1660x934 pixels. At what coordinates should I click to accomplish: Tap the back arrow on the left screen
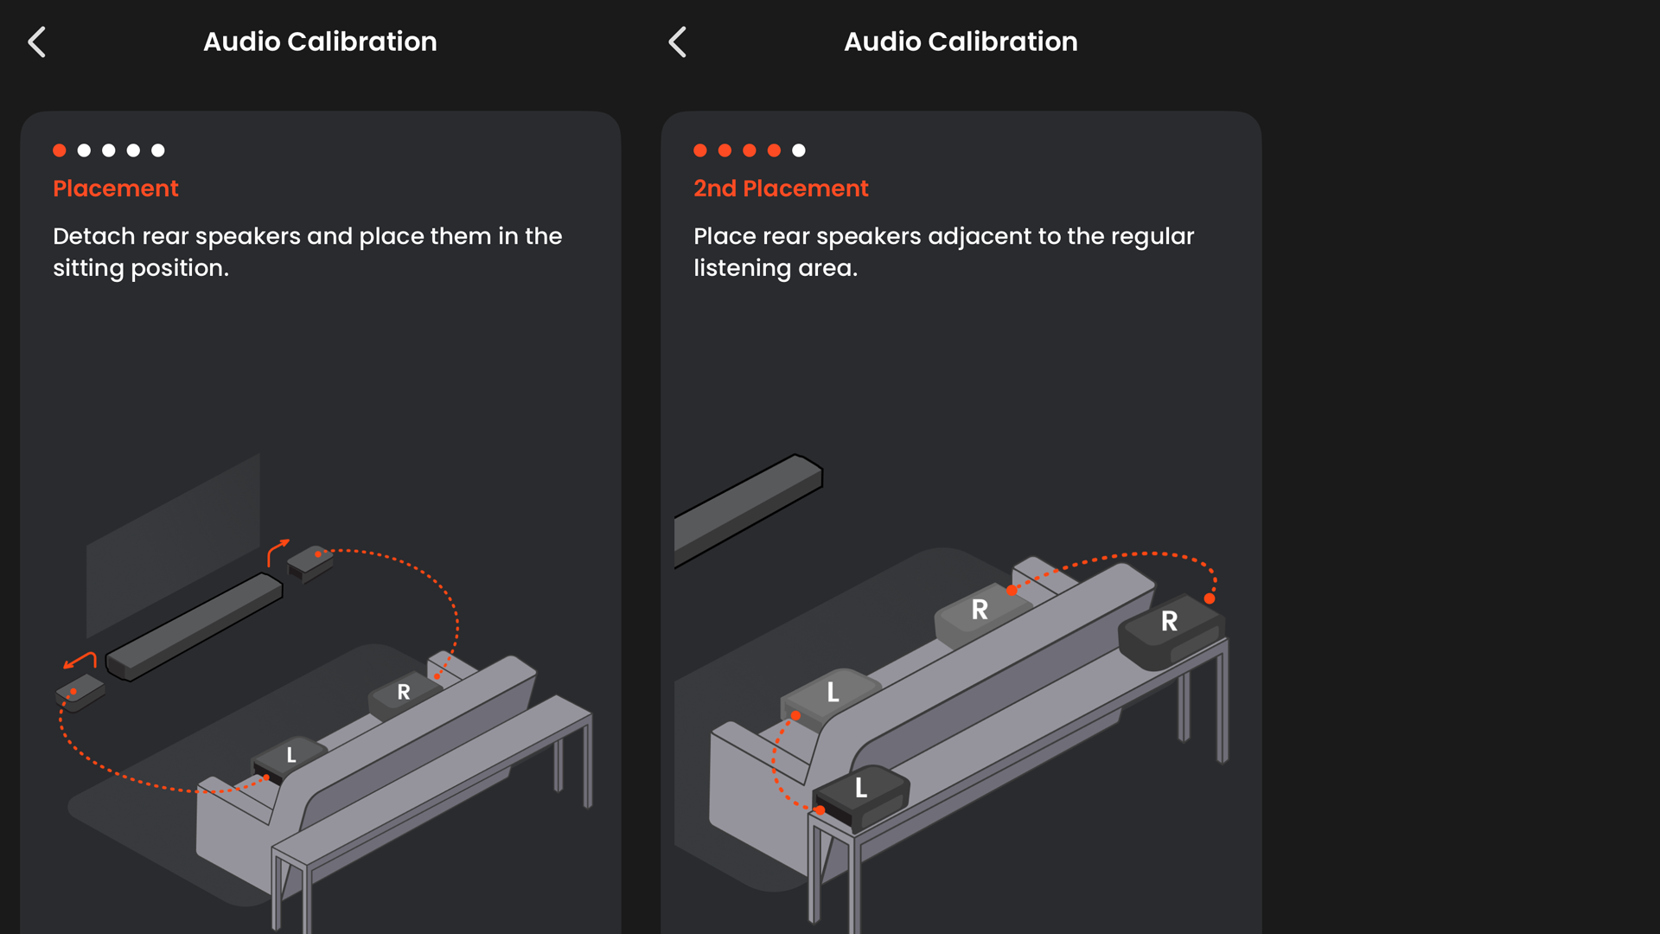coord(36,42)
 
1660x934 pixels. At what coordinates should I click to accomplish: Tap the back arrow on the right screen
coord(677,42)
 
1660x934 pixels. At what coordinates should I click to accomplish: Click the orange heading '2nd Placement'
coord(781,189)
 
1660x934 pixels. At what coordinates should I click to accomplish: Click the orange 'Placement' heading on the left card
coord(116,189)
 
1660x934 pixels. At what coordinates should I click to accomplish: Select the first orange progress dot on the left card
coord(60,150)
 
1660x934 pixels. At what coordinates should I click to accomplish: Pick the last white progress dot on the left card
coord(158,150)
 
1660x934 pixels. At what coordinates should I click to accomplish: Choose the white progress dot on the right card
coord(799,150)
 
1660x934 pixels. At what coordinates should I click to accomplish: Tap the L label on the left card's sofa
coord(291,755)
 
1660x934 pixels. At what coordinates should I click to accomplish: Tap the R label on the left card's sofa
coord(404,692)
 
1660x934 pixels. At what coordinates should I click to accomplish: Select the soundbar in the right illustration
coord(748,510)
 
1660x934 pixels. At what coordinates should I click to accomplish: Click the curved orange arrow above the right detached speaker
coord(277,551)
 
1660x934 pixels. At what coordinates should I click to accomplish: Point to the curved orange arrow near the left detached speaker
coord(80,662)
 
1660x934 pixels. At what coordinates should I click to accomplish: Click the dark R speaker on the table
coord(1172,631)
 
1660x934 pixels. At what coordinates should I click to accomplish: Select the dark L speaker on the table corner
coord(861,796)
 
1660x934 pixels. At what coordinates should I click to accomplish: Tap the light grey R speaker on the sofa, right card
coord(982,616)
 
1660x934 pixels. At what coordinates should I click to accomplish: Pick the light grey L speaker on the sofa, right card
coord(830,697)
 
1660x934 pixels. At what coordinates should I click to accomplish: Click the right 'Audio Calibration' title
coord(961,42)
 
